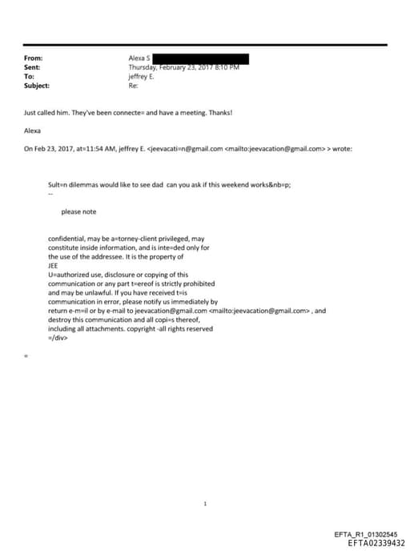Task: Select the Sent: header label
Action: click(x=33, y=67)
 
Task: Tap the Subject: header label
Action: click(x=37, y=86)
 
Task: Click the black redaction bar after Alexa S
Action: click(x=200, y=58)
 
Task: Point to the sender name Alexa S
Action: click(x=139, y=58)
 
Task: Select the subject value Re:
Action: click(x=133, y=86)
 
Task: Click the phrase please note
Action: click(x=78, y=211)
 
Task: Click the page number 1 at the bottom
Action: click(x=205, y=504)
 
